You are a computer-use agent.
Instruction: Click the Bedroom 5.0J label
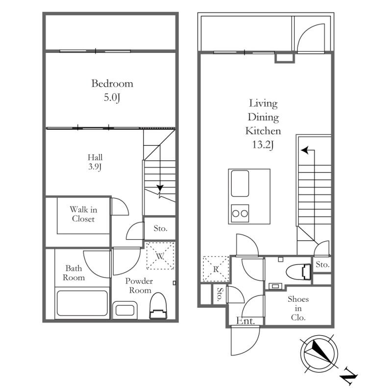[x=112, y=90]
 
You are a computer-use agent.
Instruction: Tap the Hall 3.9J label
[x=95, y=162]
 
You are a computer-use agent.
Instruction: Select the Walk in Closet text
[x=83, y=214]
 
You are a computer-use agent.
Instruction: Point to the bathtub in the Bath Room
[x=82, y=303]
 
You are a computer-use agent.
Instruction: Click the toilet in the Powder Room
[x=158, y=306]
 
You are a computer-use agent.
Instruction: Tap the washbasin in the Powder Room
[x=125, y=310]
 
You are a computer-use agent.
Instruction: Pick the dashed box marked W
[x=160, y=255]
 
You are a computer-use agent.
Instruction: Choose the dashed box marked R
[x=216, y=269]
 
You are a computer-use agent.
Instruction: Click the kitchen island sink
[x=240, y=183]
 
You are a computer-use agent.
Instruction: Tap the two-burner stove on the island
[x=240, y=213]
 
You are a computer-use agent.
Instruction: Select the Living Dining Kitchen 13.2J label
[x=263, y=124]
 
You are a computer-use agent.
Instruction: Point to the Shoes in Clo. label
[x=298, y=308]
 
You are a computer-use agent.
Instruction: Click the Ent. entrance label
[x=245, y=321]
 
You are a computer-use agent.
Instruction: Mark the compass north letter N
[x=349, y=376]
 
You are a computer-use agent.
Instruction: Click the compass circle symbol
[x=319, y=353]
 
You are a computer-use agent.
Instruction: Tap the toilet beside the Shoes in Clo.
[x=298, y=271]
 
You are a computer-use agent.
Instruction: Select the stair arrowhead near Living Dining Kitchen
[x=304, y=150]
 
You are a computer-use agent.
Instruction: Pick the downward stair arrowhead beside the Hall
[x=160, y=188]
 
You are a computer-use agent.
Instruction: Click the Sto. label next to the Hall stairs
[x=161, y=228]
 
